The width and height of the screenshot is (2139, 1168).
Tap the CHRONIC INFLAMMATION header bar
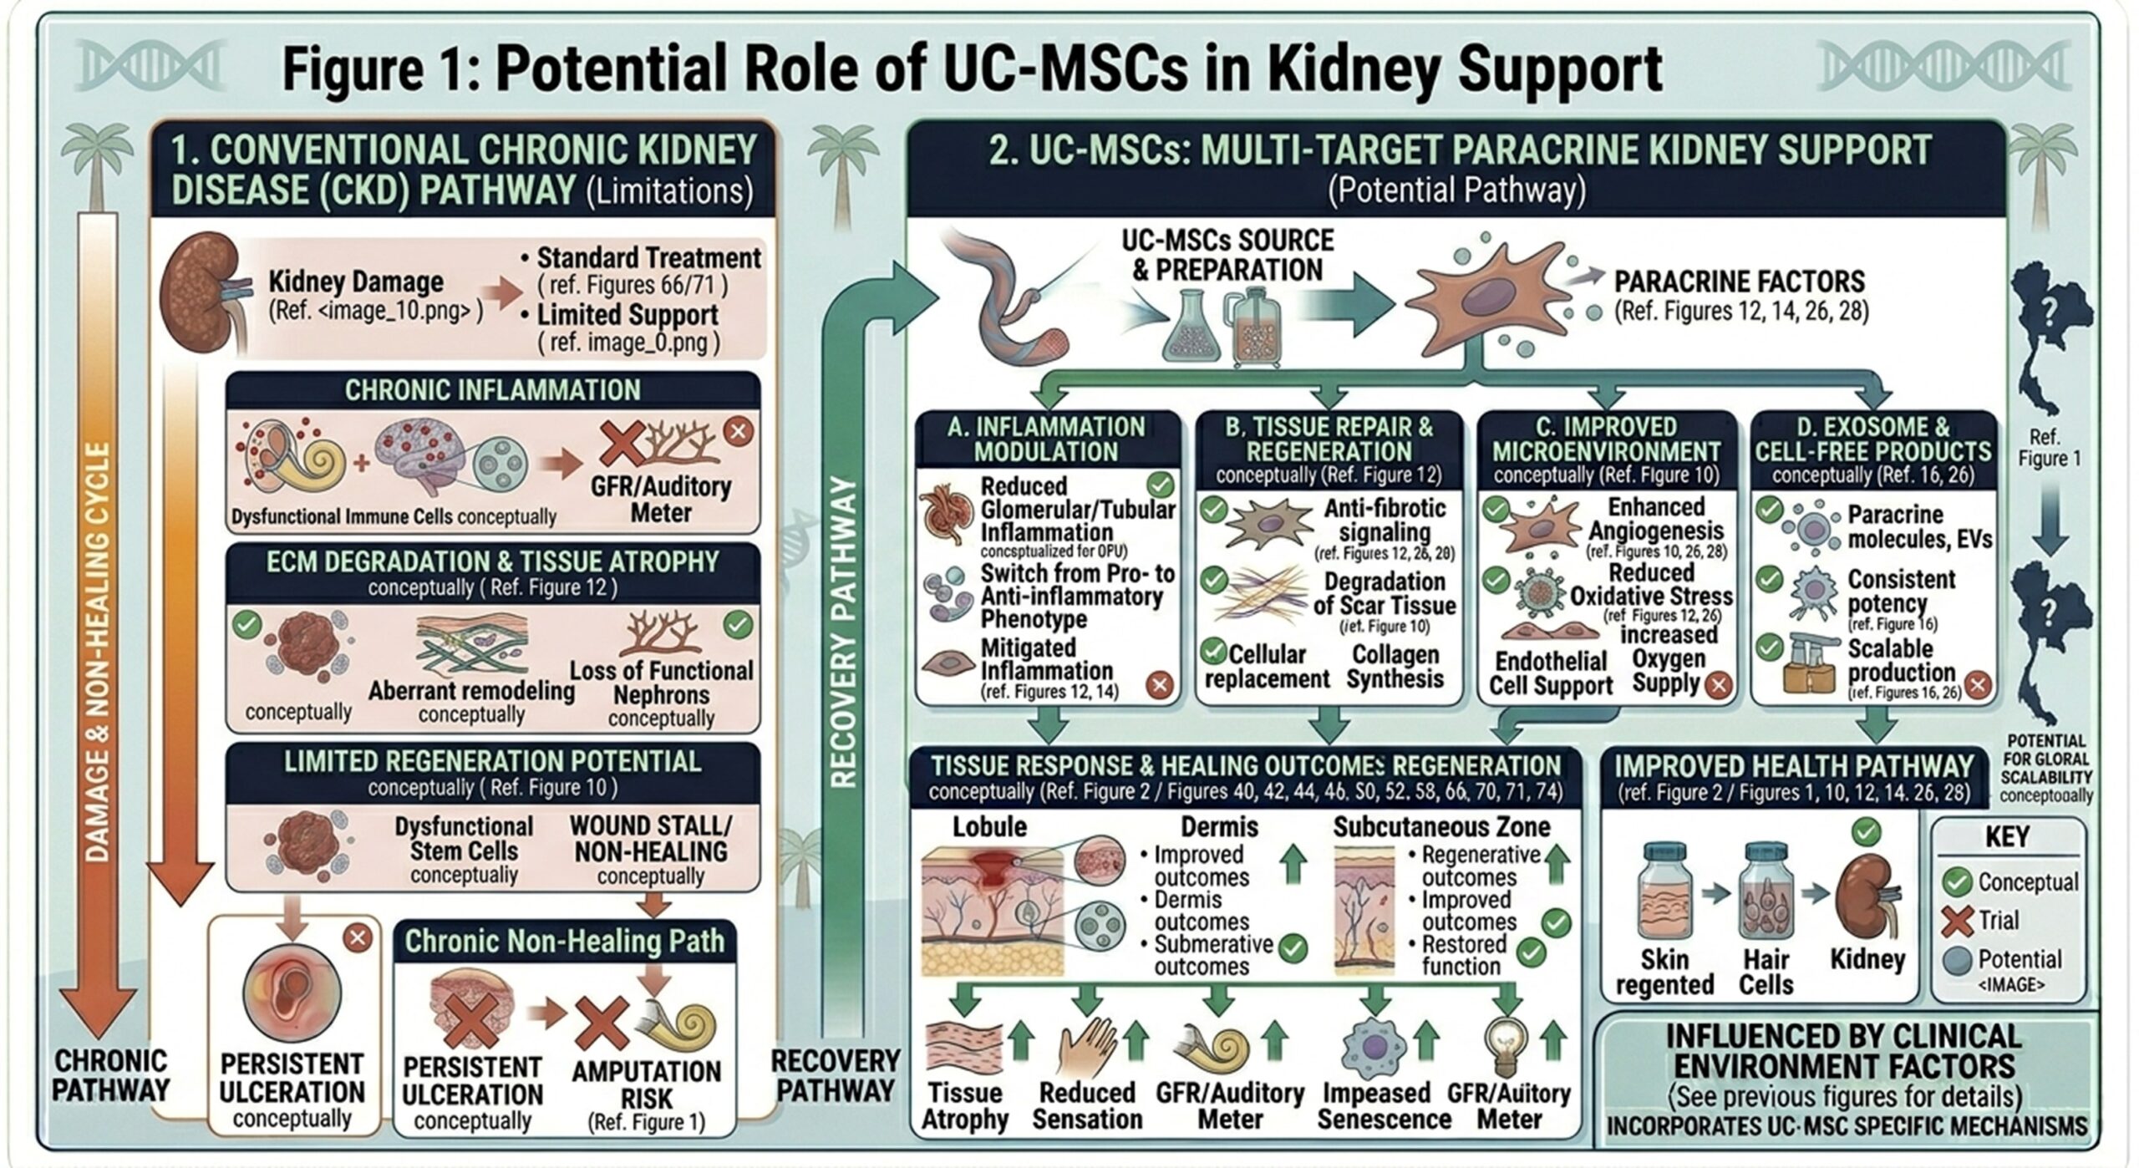[x=493, y=390]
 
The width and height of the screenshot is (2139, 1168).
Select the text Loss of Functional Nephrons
[x=661, y=683]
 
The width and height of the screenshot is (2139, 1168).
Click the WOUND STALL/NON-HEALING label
[x=650, y=838]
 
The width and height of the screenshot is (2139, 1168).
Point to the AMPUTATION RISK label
[x=646, y=1084]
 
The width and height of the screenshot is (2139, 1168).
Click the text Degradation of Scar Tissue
[x=1384, y=593]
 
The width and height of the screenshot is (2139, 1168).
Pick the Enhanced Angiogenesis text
[x=1655, y=519]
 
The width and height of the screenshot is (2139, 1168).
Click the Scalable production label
[x=1901, y=660]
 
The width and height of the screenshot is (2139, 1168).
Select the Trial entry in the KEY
[x=1997, y=920]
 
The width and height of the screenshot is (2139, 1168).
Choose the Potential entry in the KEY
[x=2018, y=959]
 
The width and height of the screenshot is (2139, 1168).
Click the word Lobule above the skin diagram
[x=989, y=827]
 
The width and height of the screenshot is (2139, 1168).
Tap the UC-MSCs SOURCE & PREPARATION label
[x=1227, y=255]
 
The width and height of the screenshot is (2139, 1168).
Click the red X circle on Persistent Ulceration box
[x=358, y=937]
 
